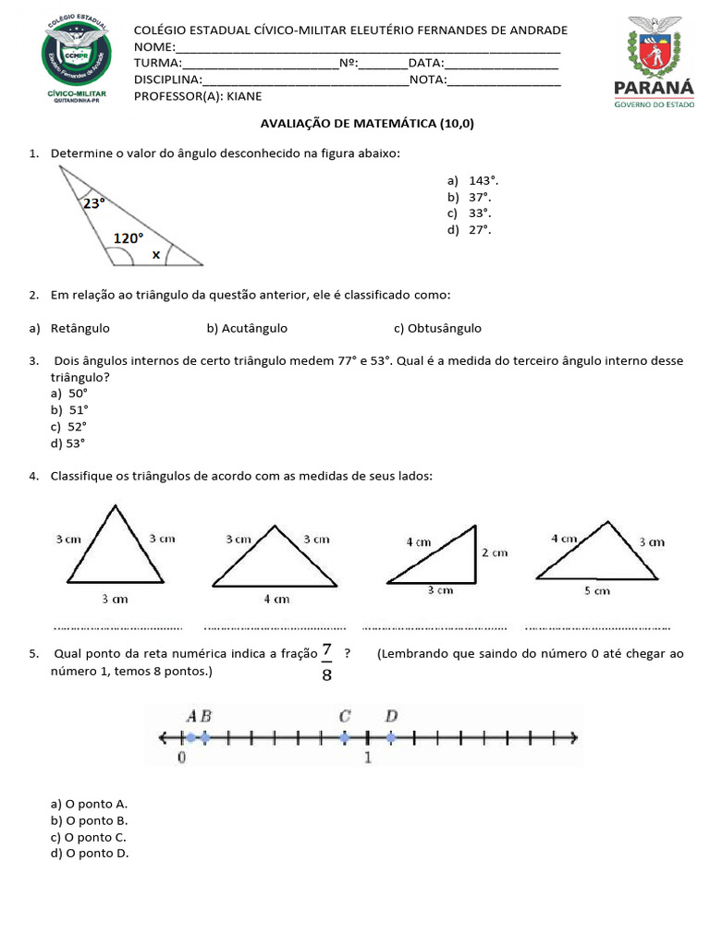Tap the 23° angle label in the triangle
(94, 202)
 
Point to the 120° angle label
(129, 238)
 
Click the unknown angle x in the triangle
(155, 254)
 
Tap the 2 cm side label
(495, 552)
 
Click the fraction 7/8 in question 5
(326, 661)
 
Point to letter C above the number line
(344, 715)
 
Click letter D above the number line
(391, 715)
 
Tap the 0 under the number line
(181, 758)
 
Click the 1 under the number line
(368, 758)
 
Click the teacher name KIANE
(244, 96)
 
